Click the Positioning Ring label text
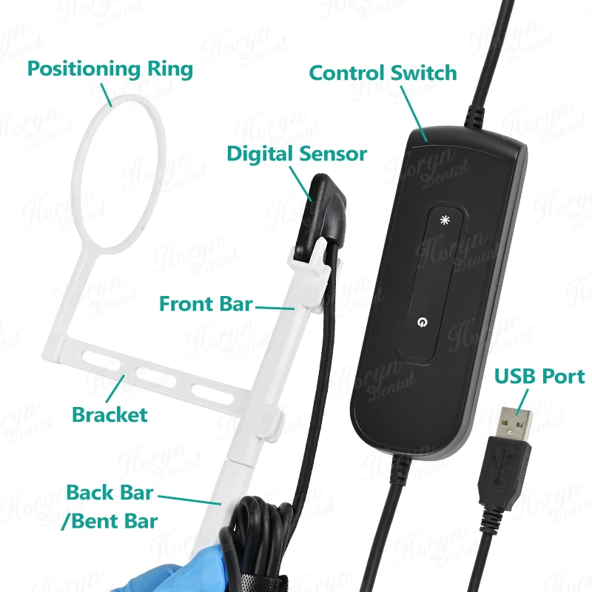click(x=110, y=69)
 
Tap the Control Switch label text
click(x=383, y=73)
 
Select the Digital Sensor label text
click(x=297, y=154)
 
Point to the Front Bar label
click(x=206, y=303)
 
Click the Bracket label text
click(x=110, y=414)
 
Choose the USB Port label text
click(x=539, y=376)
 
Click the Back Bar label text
click(x=110, y=492)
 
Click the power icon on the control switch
click(x=422, y=322)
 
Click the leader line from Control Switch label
click(x=414, y=114)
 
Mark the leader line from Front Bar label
click(x=275, y=308)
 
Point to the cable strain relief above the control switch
click(x=474, y=117)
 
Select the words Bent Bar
click(x=114, y=522)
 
